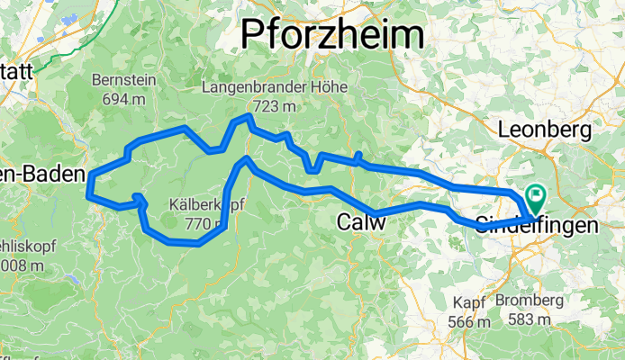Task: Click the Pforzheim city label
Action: tap(333, 36)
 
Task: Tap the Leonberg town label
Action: tap(544, 129)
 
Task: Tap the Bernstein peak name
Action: tap(124, 80)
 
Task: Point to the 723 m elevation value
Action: tap(251, 106)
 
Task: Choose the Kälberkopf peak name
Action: tap(206, 205)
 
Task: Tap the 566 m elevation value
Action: tap(469, 321)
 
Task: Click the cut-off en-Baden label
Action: tap(42, 173)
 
